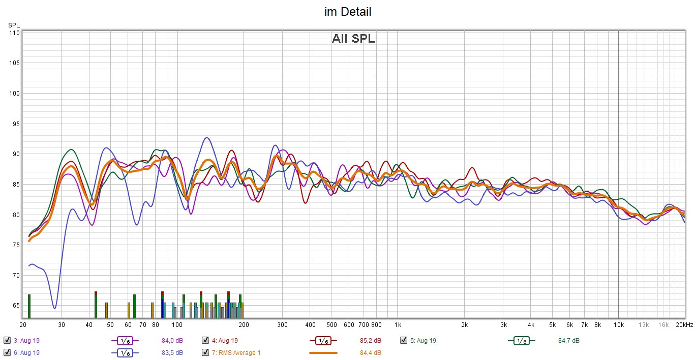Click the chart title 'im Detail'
348,12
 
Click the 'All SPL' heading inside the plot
353,39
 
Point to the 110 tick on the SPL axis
14,33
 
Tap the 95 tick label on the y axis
15,124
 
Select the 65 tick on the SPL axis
15,306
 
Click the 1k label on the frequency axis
398,325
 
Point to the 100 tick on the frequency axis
177,325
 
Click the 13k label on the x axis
644,325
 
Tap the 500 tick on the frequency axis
331,325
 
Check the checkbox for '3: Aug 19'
7,340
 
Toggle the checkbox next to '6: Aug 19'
7,352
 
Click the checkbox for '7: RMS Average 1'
205,352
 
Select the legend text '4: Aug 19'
224,341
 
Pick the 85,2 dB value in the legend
370,341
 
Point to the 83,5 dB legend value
172,353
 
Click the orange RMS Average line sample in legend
323,352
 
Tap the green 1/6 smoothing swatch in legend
521,341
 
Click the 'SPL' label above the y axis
13,25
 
